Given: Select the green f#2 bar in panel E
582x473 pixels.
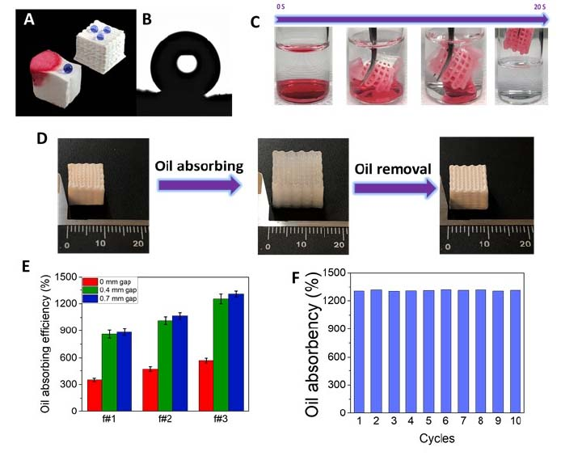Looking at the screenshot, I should (x=165, y=366).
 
